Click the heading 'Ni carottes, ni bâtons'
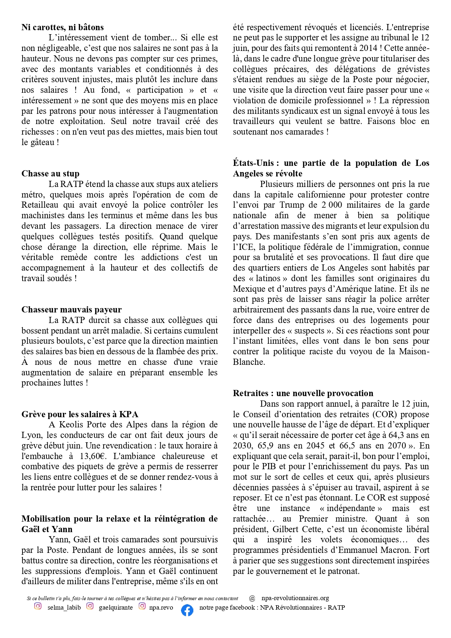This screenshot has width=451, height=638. [63, 27]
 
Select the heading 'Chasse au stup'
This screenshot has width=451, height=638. [50, 174]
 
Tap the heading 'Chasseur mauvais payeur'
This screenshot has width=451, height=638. [71, 310]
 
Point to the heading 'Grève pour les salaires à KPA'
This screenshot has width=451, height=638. [80, 414]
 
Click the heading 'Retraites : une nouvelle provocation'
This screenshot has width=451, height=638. [303, 393]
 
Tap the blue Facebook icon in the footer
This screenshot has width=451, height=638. [187, 610]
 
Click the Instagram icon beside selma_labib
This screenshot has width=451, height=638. [38, 606]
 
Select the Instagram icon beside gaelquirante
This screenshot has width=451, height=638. [90, 606]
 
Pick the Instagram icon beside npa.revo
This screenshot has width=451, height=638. [142, 606]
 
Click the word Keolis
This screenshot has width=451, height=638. [72, 424]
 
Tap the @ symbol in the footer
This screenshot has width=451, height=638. [252, 598]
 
